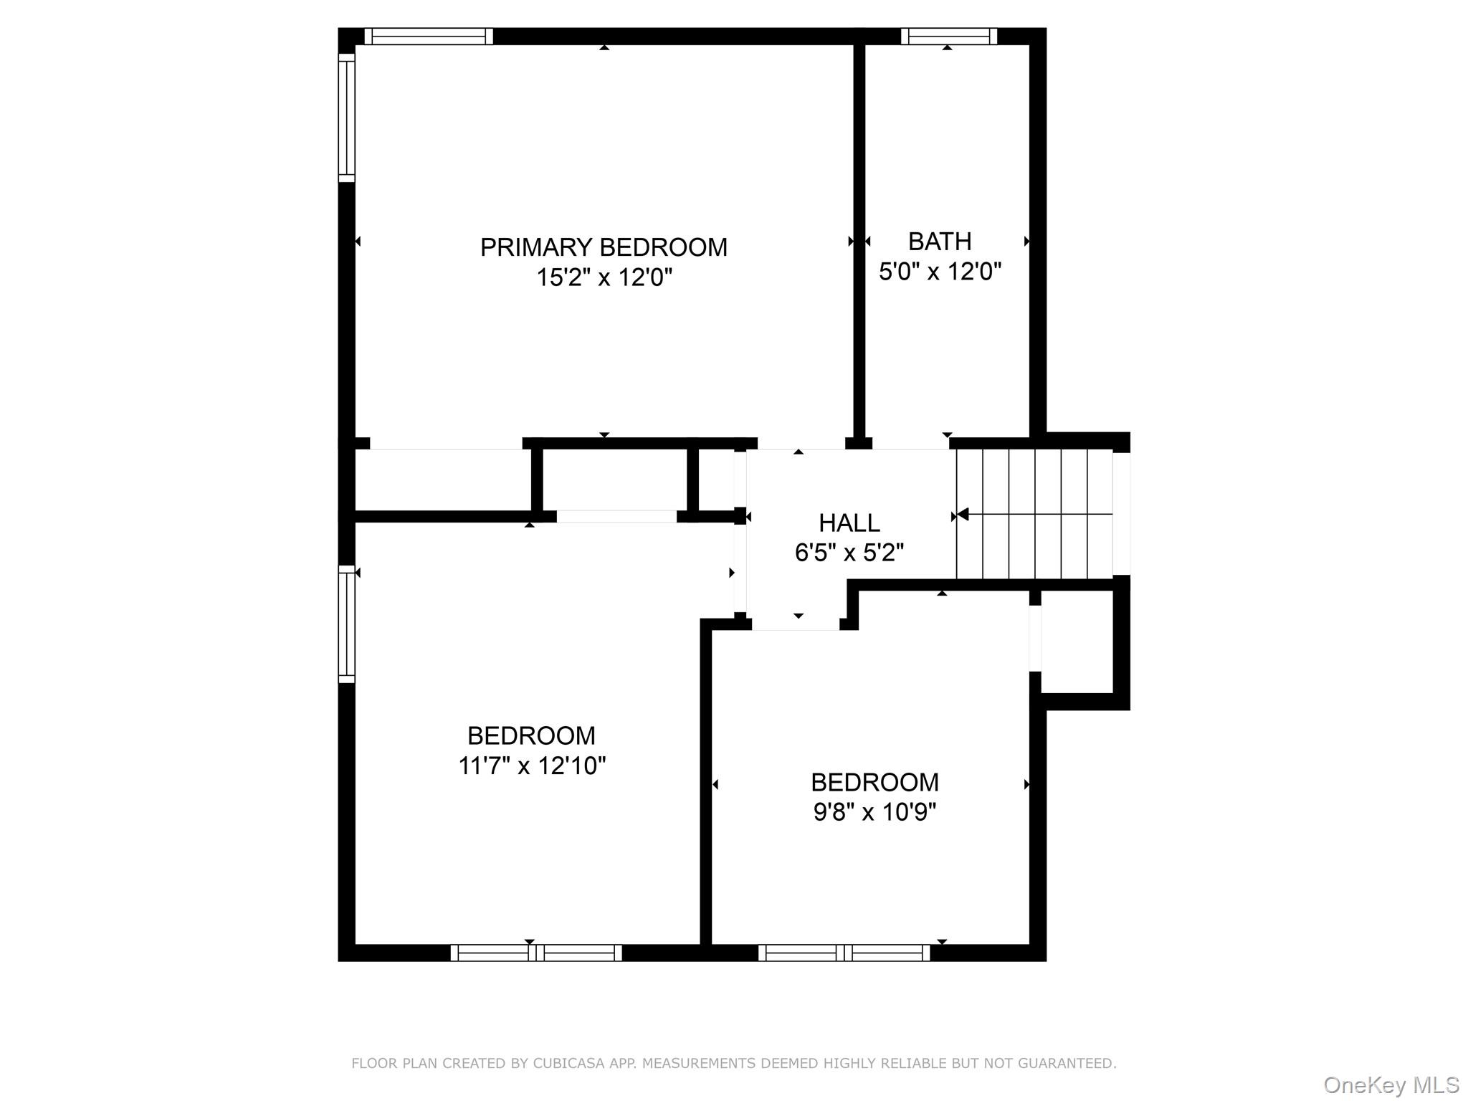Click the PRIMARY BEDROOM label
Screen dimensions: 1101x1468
(x=604, y=247)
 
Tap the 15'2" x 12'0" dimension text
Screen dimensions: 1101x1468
(x=604, y=277)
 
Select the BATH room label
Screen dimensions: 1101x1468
(x=939, y=242)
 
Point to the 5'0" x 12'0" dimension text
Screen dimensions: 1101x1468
(x=939, y=272)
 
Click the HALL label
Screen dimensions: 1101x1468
(x=849, y=523)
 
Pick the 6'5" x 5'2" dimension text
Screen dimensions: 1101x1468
(x=849, y=553)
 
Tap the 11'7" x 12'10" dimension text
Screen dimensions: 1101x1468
(x=532, y=766)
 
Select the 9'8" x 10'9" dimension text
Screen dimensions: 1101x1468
(x=874, y=811)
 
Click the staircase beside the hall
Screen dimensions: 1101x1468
(x=1034, y=514)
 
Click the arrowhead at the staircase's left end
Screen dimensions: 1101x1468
(x=963, y=514)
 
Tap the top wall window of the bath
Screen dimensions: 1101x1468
(x=948, y=36)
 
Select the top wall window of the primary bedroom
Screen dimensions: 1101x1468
(x=429, y=36)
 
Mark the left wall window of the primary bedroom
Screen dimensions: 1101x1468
(x=346, y=118)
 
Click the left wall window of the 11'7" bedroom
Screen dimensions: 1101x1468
(x=346, y=624)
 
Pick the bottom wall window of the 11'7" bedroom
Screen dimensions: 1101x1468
(x=536, y=953)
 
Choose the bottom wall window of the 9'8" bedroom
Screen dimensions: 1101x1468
(x=844, y=953)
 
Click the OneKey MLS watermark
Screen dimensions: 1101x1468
(x=1391, y=1085)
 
